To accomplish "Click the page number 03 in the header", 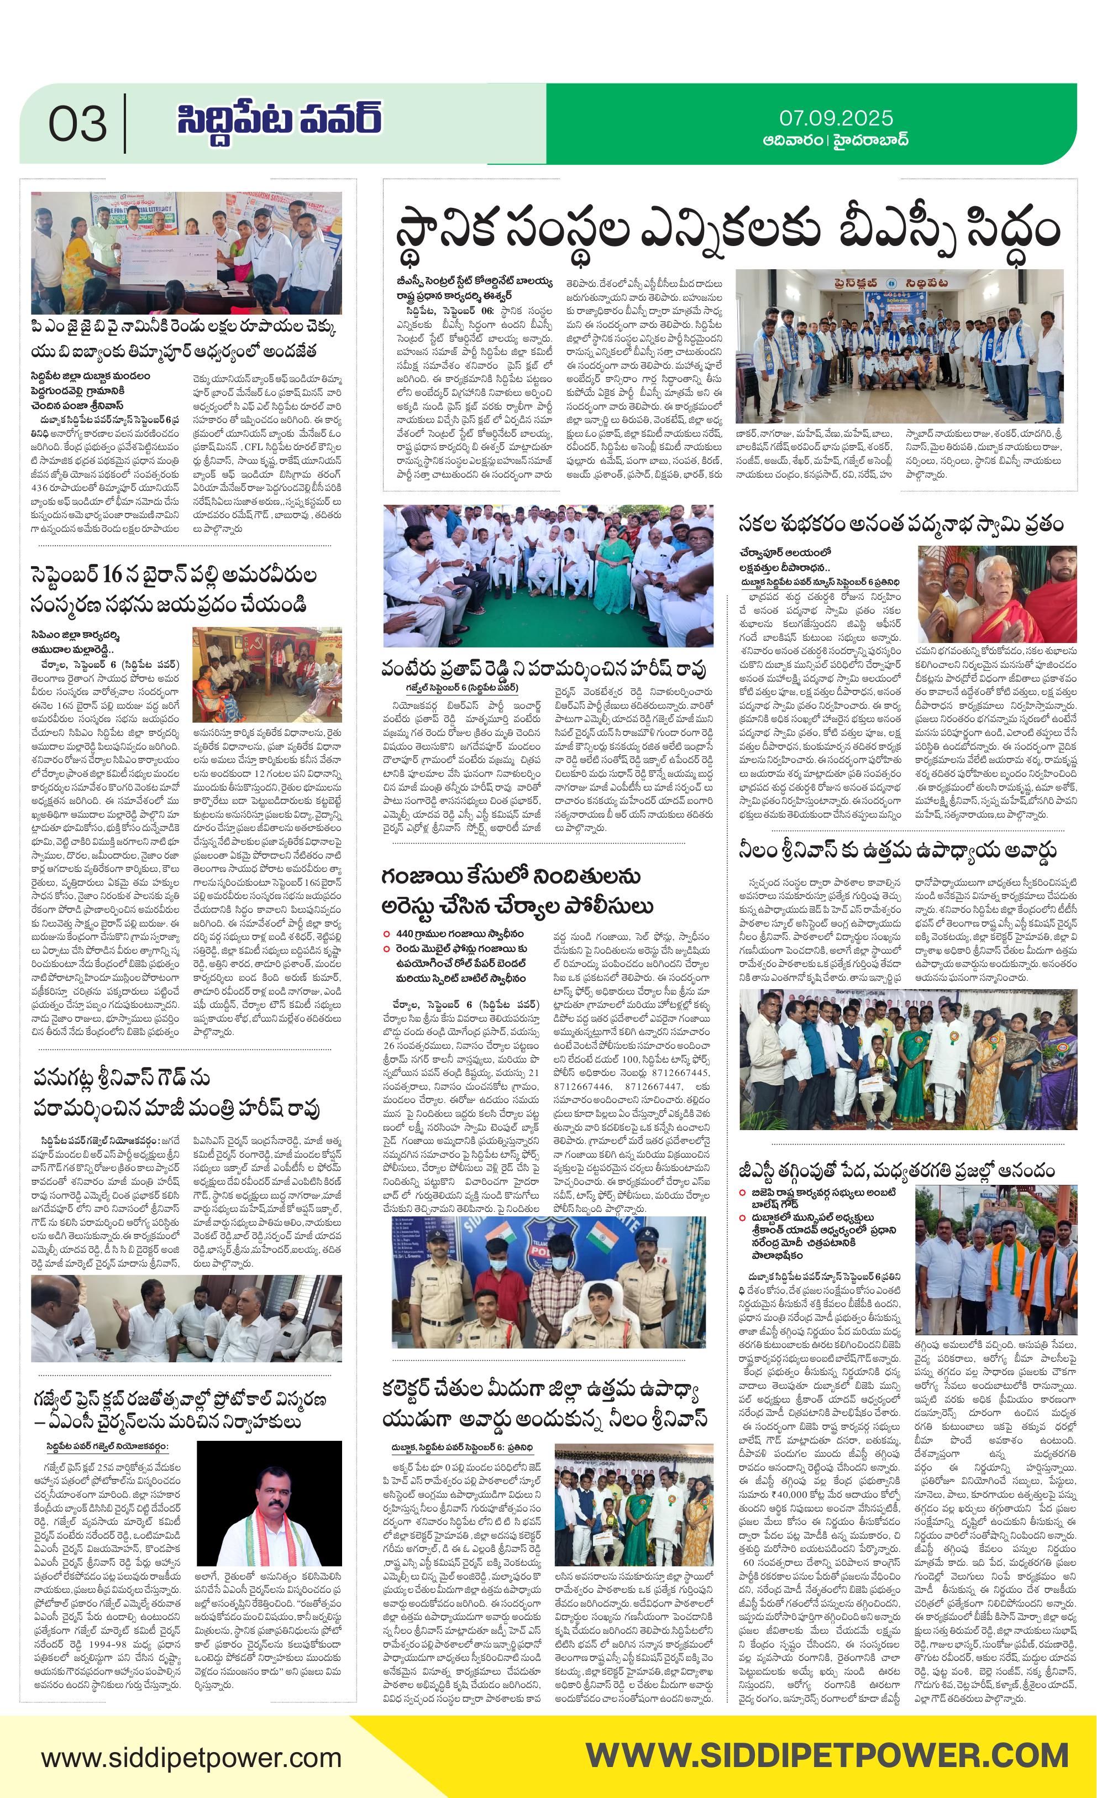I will pos(77,124).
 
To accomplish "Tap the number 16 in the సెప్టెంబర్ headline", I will pos(111,575).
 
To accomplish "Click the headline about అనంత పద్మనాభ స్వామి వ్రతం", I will pos(900,524).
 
